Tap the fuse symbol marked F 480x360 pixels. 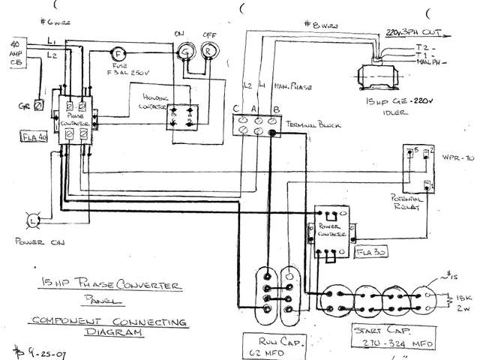pos(117,52)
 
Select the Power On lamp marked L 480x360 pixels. pos(34,220)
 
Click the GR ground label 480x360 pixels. pos(25,106)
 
